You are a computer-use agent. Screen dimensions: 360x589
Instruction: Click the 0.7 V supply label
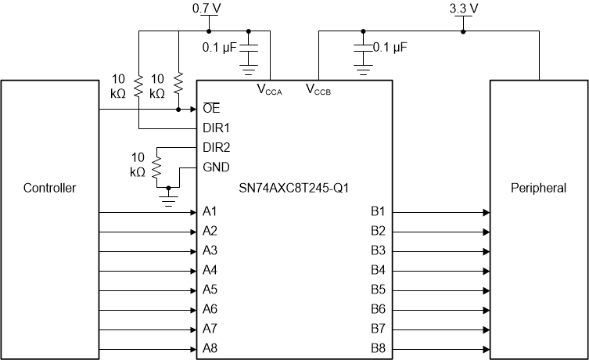[x=207, y=9]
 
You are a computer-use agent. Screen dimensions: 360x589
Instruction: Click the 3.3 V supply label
[x=463, y=9]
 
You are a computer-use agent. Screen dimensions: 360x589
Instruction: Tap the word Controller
[x=49, y=188]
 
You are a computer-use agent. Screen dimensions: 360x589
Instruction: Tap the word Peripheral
[x=538, y=188]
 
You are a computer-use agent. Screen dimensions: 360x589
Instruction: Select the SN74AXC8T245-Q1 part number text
[x=293, y=188]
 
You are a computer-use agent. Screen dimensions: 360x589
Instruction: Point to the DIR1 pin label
[x=215, y=128]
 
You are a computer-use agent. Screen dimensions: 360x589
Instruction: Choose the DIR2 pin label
[x=215, y=147]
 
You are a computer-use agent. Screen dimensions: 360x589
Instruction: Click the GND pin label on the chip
[x=215, y=167]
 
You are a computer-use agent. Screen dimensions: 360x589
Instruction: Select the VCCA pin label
[x=269, y=88]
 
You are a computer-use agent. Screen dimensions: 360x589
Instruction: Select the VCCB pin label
[x=318, y=88]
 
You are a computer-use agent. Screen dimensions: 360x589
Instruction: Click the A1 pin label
[x=210, y=212]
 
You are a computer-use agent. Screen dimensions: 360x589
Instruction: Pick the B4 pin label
[x=378, y=271]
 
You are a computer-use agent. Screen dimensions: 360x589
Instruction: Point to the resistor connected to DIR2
[x=156, y=166]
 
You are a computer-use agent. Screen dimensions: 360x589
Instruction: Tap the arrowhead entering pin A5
[x=192, y=290]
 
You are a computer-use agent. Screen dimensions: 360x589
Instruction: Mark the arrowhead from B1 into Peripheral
[x=486, y=212]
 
